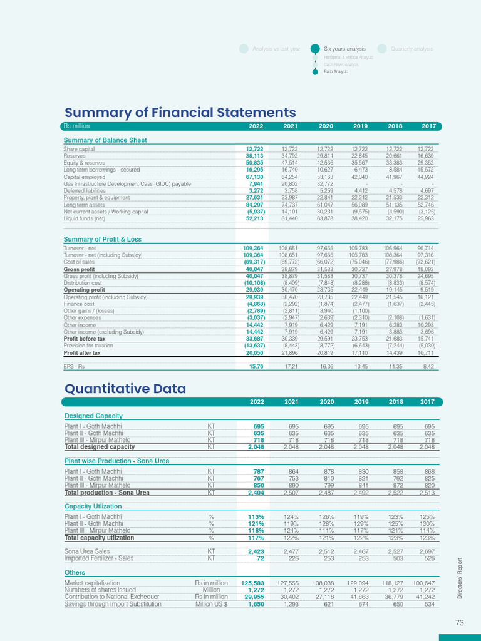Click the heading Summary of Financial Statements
[180, 113]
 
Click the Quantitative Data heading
[125, 389]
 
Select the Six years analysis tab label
[344, 49]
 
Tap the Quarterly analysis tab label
[411, 49]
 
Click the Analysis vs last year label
[276, 49]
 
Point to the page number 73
[460, 622]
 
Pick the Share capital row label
[79, 149]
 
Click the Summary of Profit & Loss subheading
[103, 239]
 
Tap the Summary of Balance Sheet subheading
[105, 140]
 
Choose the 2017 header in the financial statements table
[428, 126]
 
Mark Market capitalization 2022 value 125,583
[252, 583]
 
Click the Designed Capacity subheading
[93, 416]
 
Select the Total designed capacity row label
[100, 447]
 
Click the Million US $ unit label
[211, 604]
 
